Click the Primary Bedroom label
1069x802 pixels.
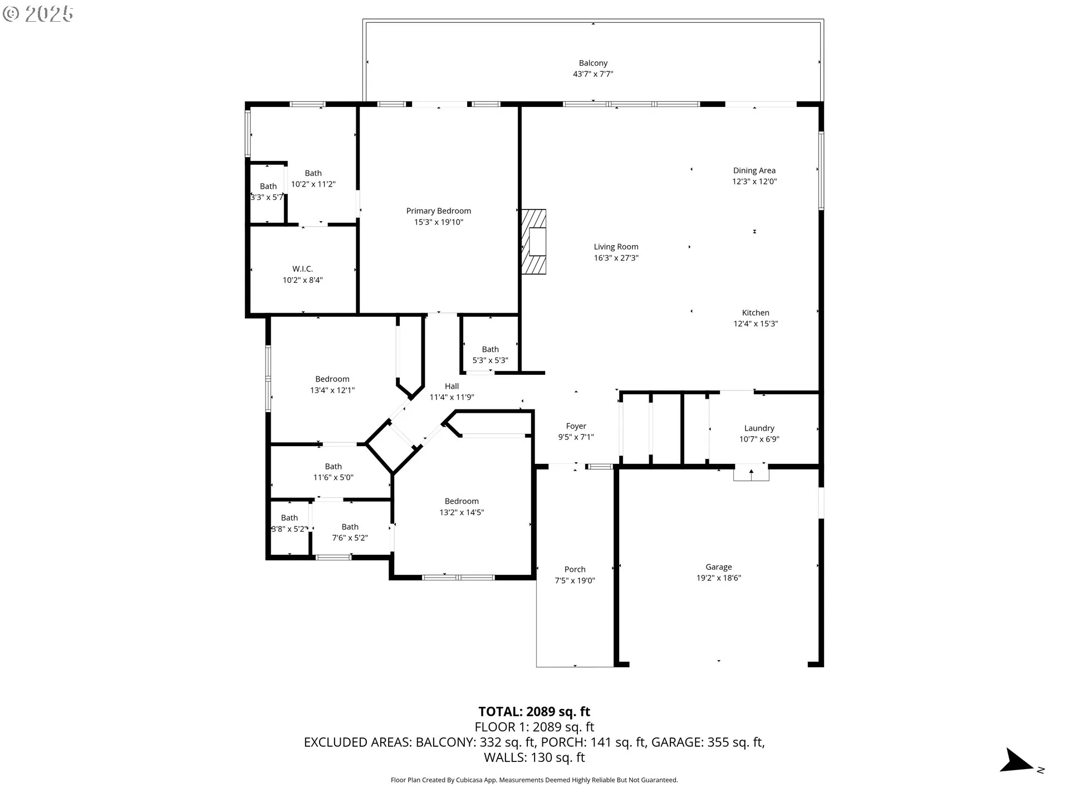[439, 211]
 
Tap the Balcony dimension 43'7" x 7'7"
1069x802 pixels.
[593, 74]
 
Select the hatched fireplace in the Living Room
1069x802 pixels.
[533, 242]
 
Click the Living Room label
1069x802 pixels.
[616, 247]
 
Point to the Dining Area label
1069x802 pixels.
[754, 170]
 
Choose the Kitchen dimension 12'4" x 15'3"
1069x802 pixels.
[756, 324]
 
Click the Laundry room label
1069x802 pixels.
[759, 428]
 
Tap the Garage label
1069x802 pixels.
[719, 567]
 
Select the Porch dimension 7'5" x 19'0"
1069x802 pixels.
[575, 580]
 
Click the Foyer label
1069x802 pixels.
[576, 426]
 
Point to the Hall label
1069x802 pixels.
[452, 386]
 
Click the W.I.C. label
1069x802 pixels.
[303, 269]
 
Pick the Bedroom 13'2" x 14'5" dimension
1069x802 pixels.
[462, 512]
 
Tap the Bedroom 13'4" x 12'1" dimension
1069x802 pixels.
[332, 390]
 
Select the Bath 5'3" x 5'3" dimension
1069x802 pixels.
[491, 360]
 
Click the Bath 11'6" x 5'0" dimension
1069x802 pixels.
[334, 477]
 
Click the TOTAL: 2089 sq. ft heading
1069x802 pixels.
[534, 712]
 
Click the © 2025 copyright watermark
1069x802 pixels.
[38, 14]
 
